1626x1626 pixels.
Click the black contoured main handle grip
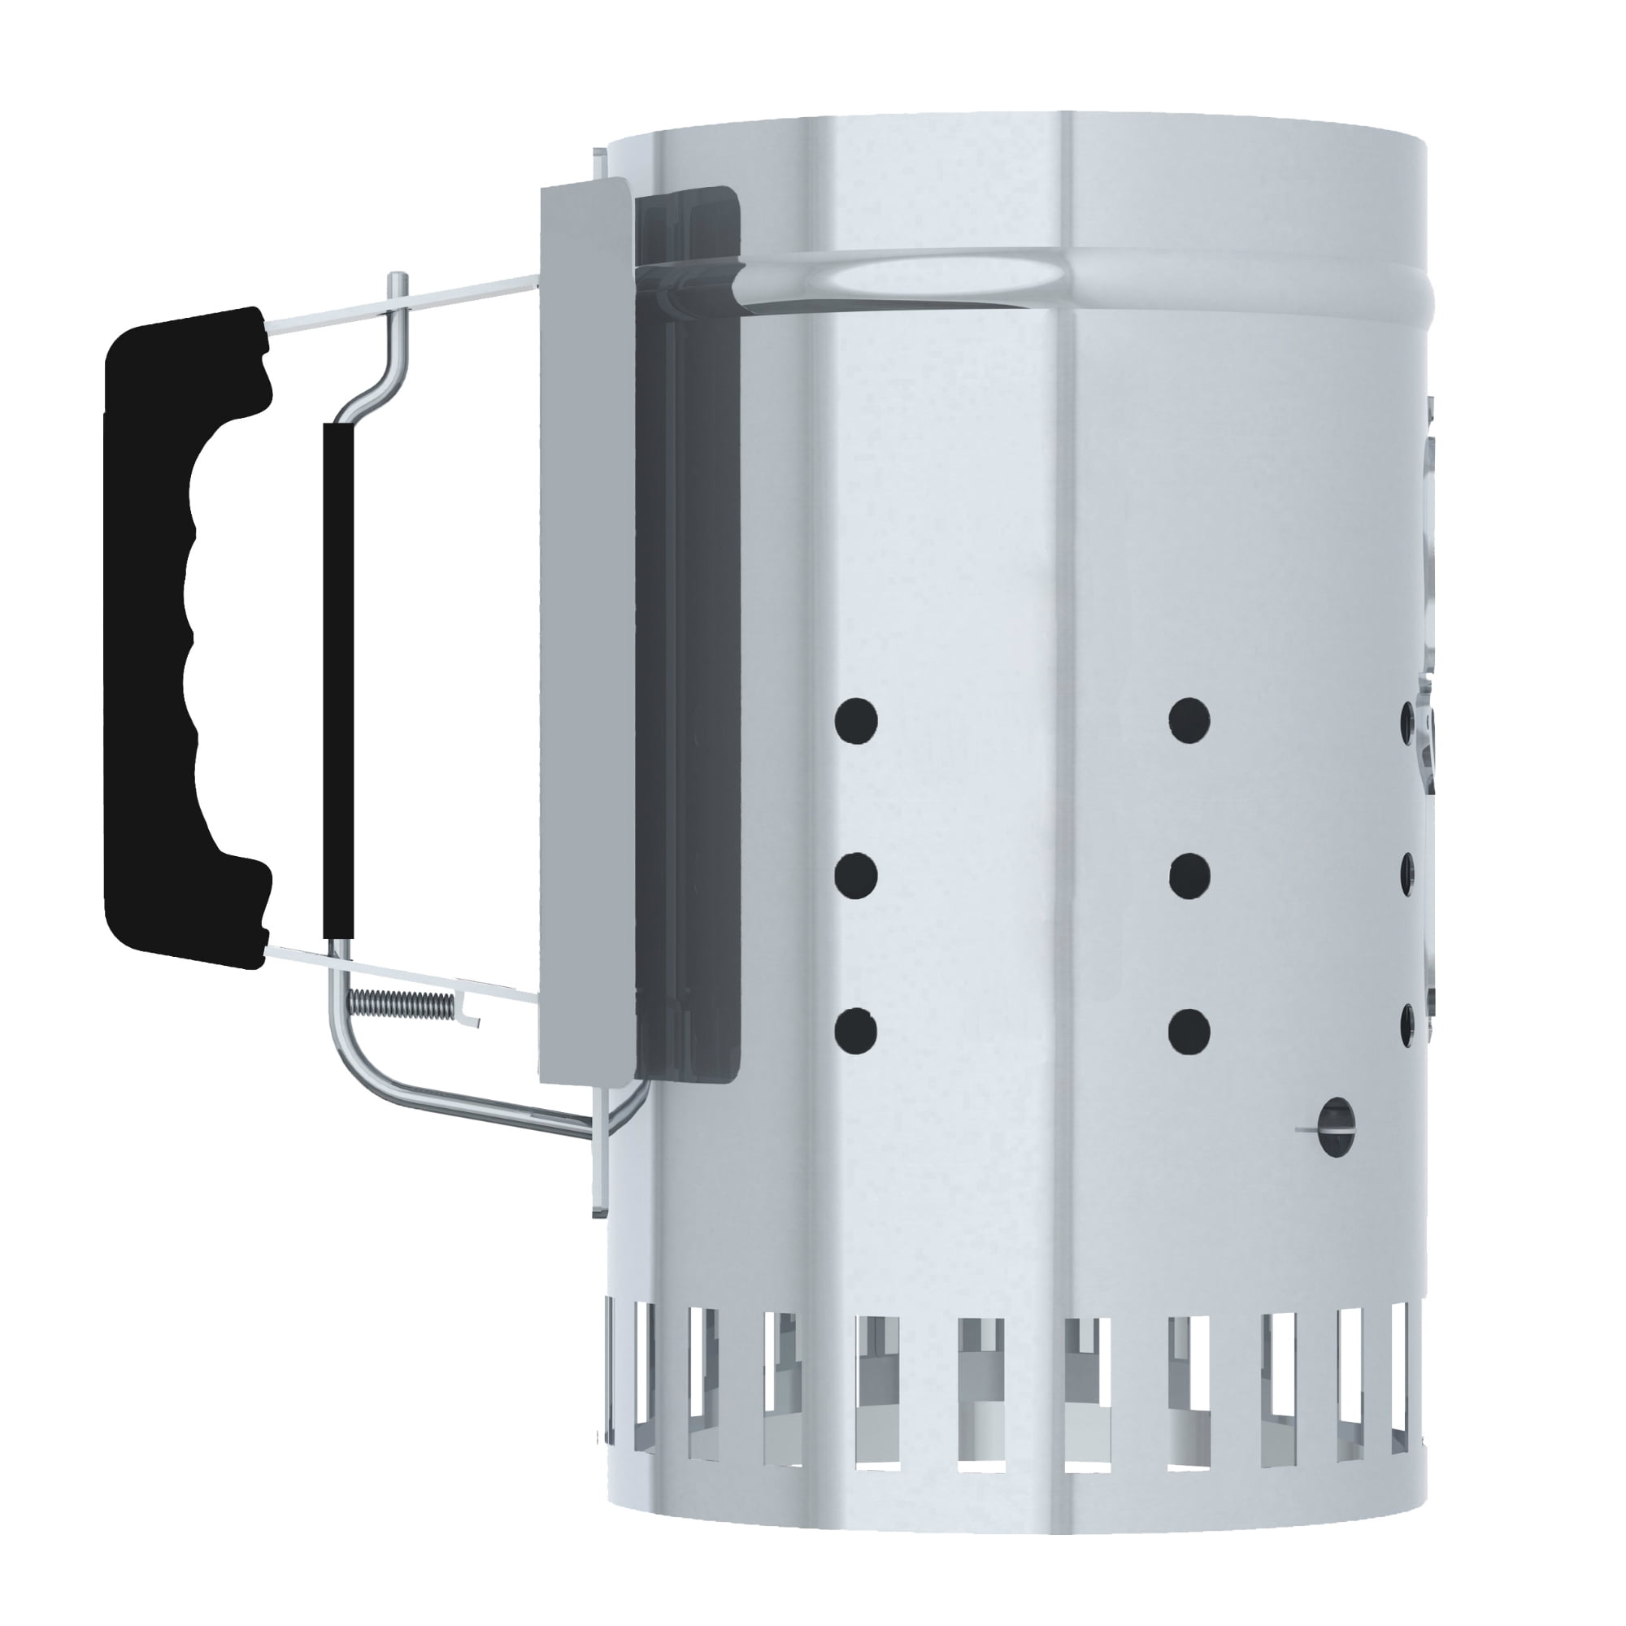pyautogui.click(x=151, y=640)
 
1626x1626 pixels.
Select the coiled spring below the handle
pyautogui.click(x=401, y=1002)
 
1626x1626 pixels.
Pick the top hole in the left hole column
pyautogui.click(x=856, y=721)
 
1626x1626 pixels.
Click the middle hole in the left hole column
pyautogui.click(x=856, y=876)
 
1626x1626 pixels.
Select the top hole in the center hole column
pyautogui.click(x=1189, y=721)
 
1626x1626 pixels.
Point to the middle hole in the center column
pyautogui.click(x=1189, y=876)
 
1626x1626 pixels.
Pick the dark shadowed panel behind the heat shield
pyautogui.click(x=690, y=631)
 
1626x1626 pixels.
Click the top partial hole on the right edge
pyautogui.click(x=1406, y=721)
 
